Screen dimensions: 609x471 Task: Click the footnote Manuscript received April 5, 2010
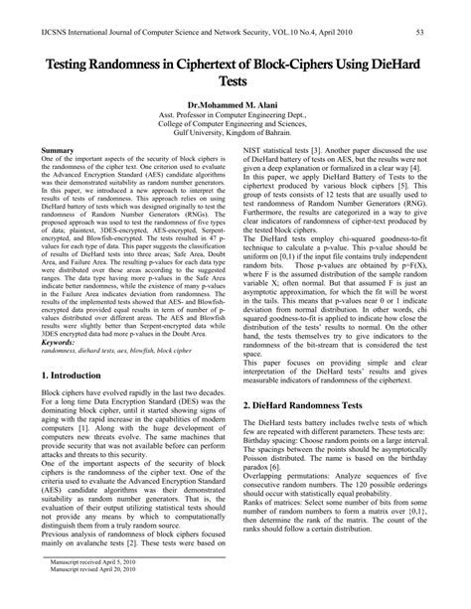90,588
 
